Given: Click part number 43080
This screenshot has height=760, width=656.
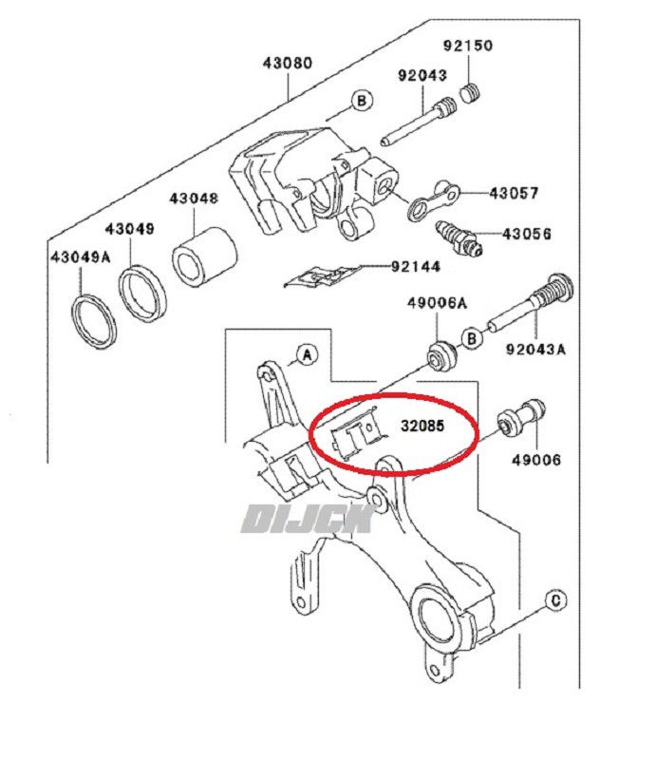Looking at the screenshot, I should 287,65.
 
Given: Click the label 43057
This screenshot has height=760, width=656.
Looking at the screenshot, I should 514,193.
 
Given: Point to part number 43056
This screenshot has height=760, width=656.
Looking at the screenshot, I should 527,233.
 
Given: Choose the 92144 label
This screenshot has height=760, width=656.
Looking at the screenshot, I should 415,267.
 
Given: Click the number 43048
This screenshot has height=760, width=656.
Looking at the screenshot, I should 194,199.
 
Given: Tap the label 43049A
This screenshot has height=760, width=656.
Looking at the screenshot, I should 80,256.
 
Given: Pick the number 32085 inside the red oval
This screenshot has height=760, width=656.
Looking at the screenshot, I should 421,426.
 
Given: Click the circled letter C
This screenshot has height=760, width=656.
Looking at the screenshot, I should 556,598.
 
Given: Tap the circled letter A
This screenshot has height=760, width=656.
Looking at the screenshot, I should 306,355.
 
